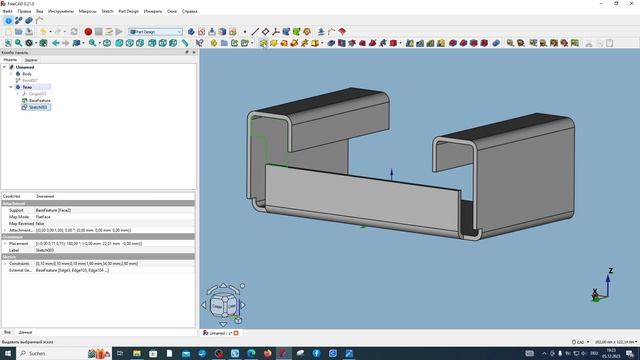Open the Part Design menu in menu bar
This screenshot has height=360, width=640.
pyautogui.click(x=128, y=11)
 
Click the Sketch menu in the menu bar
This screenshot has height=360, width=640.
pyautogui.click(x=106, y=11)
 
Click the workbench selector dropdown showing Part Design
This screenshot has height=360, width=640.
pyautogui.click(x=152, y=32)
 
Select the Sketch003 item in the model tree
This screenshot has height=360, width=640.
pyautogui.click(x=40, y=106)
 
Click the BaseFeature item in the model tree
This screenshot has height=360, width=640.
pyautogui.click(x=40, y=100)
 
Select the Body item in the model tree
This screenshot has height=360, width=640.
pyautogui.click(x=26, y=74)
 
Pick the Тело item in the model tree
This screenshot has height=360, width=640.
pyautogui.click(x=26, y=87)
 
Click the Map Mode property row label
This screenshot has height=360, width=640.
pyautogui.click(x=18, y=217)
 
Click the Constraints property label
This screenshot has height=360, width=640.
pyautogui.click(x=19, y=263)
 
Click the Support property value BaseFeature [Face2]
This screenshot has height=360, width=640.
pyautogui.click(x=55, y=211)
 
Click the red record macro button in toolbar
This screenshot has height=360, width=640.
pyautogui.click(x=88, y=32)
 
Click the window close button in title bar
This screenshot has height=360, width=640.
pyautogui.click(x=631, y=3)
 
